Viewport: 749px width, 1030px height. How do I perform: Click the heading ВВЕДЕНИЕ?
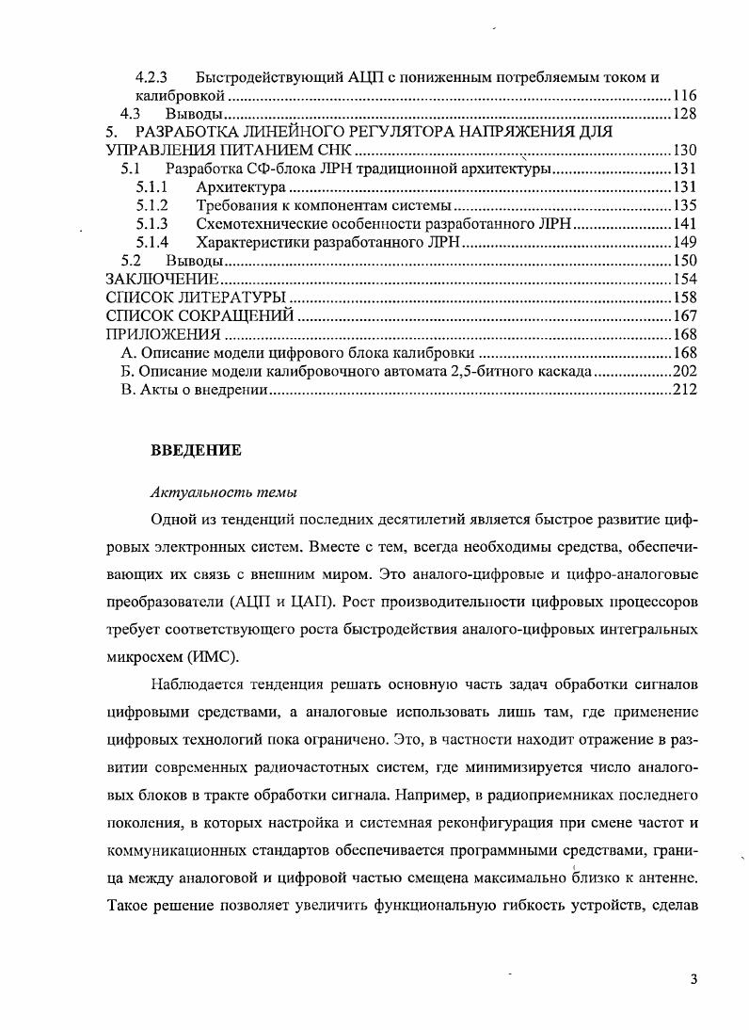click(x=197, y=451)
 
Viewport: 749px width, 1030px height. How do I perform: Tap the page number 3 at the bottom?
click(x=693, y=979)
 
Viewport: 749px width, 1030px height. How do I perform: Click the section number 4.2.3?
click(x=151, y=77)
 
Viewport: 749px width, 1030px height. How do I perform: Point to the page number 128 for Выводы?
click(x=683, y=114)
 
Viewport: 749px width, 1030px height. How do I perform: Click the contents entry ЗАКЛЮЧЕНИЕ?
click(x=162, y=279)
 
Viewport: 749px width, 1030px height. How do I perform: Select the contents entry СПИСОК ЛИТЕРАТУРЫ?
click(x=196, y=298)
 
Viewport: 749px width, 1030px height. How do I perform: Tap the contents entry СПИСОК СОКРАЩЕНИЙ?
click(x=199, y=315)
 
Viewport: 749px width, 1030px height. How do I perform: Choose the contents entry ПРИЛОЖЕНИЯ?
click(x=163, y=334)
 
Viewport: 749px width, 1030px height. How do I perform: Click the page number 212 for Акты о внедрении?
click(x=683, y=389)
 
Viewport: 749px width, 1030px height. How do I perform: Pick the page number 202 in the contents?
click(x=683, y=371)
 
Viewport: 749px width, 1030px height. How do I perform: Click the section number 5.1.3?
click(x=151, y=224)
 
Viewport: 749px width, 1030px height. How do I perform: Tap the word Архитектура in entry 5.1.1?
click(x=240, y=187)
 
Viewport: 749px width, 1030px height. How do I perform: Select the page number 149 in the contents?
click(x=683, y=242)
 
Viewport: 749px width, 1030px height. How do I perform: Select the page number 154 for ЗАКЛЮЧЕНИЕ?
click(x=683, y=279)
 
